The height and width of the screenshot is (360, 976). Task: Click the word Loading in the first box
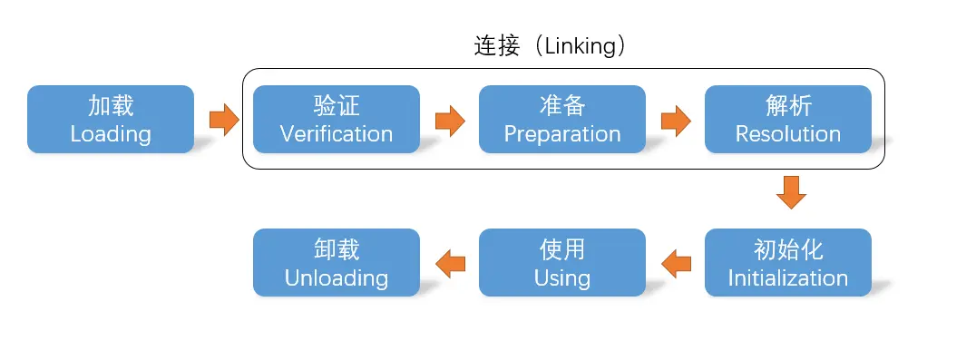point(111,134)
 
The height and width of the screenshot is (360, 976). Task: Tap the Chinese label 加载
point(111,105)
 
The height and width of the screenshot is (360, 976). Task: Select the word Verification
point(337,134)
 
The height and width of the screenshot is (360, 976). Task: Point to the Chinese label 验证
point(337,105)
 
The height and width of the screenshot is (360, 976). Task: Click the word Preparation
point(562,134)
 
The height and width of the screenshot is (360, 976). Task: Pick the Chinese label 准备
point(562,105)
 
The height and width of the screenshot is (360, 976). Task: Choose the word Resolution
point(788,134)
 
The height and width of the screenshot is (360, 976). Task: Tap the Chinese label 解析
point(788,105)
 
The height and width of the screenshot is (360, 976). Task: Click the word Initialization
point(788,277)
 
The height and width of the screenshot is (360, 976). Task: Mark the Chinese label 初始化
point(788,248)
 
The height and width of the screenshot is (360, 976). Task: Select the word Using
point(562,277)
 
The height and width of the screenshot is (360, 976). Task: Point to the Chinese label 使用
point(562,248)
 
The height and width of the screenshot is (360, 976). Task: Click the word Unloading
point(337,277)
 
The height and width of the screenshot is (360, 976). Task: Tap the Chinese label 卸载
point(337,248)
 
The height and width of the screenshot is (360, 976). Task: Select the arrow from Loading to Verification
point(223,120)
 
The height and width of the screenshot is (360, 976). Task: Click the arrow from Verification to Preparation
point(449,120)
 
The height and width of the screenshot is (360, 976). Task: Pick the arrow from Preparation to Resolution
point(675,120)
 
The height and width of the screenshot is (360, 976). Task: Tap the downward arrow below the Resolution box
point(791,192)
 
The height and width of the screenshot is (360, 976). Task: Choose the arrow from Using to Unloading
point(450,263)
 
